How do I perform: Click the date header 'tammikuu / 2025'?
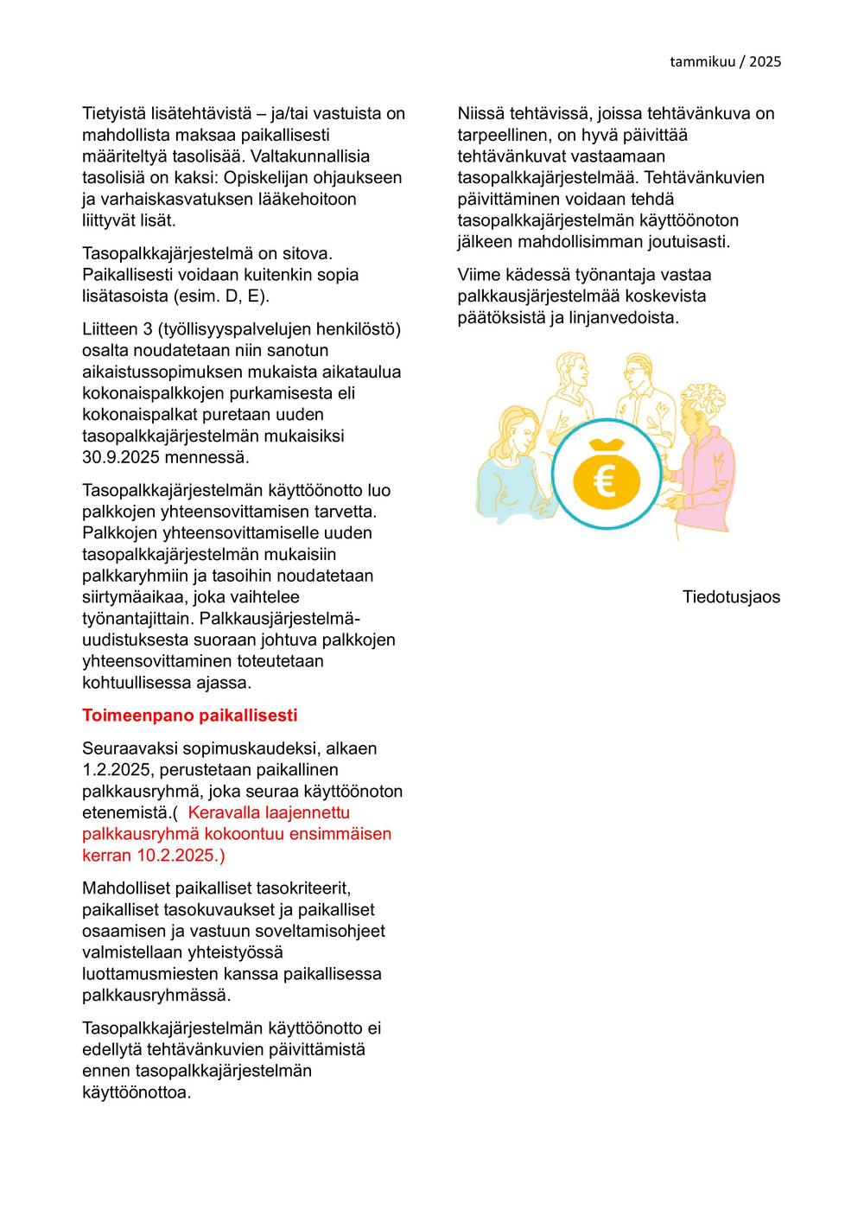[725, 61]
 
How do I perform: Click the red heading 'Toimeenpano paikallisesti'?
[189, 716]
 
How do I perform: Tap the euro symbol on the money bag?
[605, 480]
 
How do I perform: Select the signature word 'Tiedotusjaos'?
[731, 597]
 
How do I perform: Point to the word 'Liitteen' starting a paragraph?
[112, 329]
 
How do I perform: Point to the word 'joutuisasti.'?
[689, 241]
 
